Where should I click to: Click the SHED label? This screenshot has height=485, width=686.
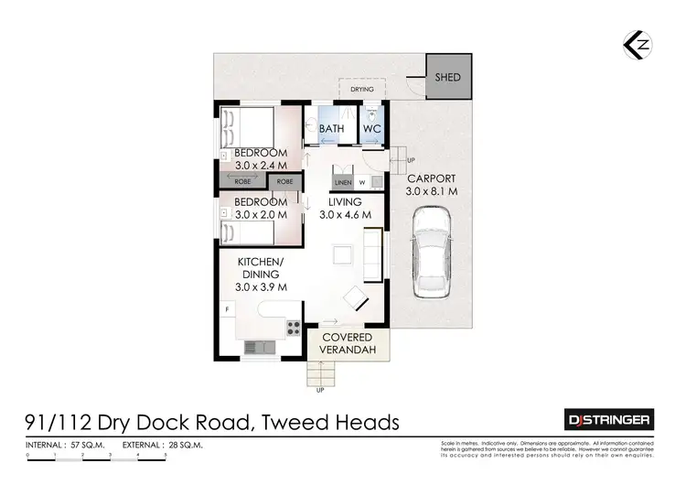(x=447, y=78)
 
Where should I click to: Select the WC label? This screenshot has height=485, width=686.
(x=372, y=129)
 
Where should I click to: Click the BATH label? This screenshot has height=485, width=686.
(x=331, y=129)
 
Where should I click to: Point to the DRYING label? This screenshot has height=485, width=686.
(x=363, y=90)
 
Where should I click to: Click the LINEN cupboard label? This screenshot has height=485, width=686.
(x=343, y=181)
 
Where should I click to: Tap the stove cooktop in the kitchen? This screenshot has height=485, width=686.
(x=294, y=327)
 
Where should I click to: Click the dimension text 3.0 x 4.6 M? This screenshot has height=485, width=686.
(x=345, y=214)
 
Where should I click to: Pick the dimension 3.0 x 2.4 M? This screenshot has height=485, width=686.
(x=261, y=166)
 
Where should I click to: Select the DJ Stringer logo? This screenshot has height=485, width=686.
(x=606, y=420)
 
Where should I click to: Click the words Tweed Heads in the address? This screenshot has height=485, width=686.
(x=331, y=422)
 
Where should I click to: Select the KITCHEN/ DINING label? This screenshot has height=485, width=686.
(x=263, y=274)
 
